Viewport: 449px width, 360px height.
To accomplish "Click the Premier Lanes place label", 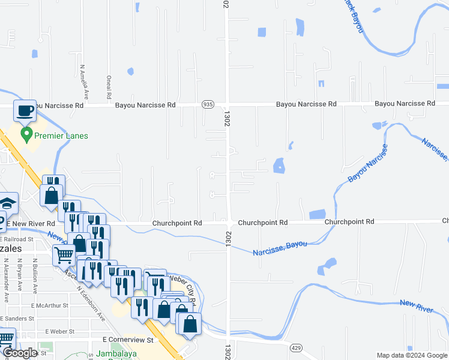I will point(61,136).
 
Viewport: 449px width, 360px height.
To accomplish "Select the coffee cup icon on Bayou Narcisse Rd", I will point(25,111).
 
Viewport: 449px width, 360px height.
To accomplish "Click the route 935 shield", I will point(208,104).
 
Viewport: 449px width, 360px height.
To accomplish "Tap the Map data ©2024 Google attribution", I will point(412,355).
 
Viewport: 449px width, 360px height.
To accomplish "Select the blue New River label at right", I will point(416,307).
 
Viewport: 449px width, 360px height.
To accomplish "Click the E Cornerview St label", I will point(128,340).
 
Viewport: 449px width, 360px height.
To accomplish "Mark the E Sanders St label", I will point(23,318).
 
